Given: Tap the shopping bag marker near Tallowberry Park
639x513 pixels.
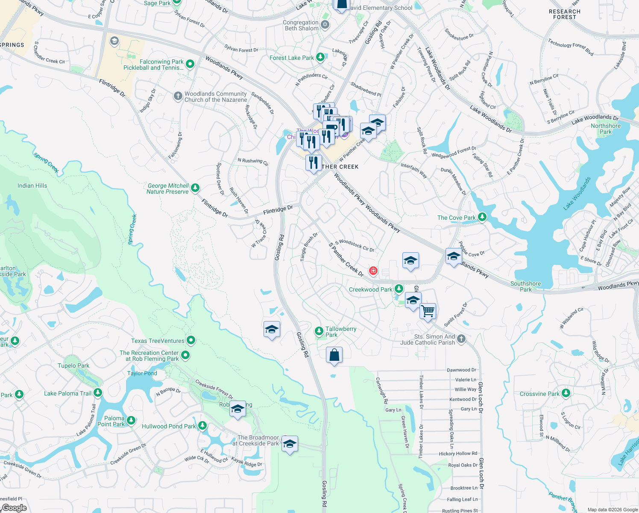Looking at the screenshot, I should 334,355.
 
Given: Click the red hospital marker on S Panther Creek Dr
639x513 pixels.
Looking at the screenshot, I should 373,271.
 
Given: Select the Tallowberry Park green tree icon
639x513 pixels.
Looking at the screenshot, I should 319,331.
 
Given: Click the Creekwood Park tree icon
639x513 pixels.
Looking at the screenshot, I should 399,289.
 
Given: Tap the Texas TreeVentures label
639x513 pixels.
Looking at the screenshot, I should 158,341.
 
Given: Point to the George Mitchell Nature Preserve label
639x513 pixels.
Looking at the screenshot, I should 168,189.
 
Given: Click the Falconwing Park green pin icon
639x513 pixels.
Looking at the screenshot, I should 191,64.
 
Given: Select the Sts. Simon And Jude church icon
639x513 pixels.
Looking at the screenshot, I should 461,339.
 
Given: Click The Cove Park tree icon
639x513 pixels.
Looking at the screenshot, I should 482,217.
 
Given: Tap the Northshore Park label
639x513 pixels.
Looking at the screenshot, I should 606,129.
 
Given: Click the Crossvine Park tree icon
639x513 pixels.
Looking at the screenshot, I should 566,393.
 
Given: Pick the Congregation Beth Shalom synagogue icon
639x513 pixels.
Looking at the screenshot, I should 325,24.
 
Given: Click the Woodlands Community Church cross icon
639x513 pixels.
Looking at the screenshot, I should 178,96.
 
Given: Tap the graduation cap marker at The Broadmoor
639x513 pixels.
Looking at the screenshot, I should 289,444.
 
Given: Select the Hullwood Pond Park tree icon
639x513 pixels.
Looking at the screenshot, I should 202,426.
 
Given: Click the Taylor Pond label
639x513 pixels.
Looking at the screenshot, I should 142,373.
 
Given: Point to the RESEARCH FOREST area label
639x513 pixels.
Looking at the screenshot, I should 564,15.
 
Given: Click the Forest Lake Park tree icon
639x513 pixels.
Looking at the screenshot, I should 320,57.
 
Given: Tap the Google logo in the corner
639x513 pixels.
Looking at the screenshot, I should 15,507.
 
